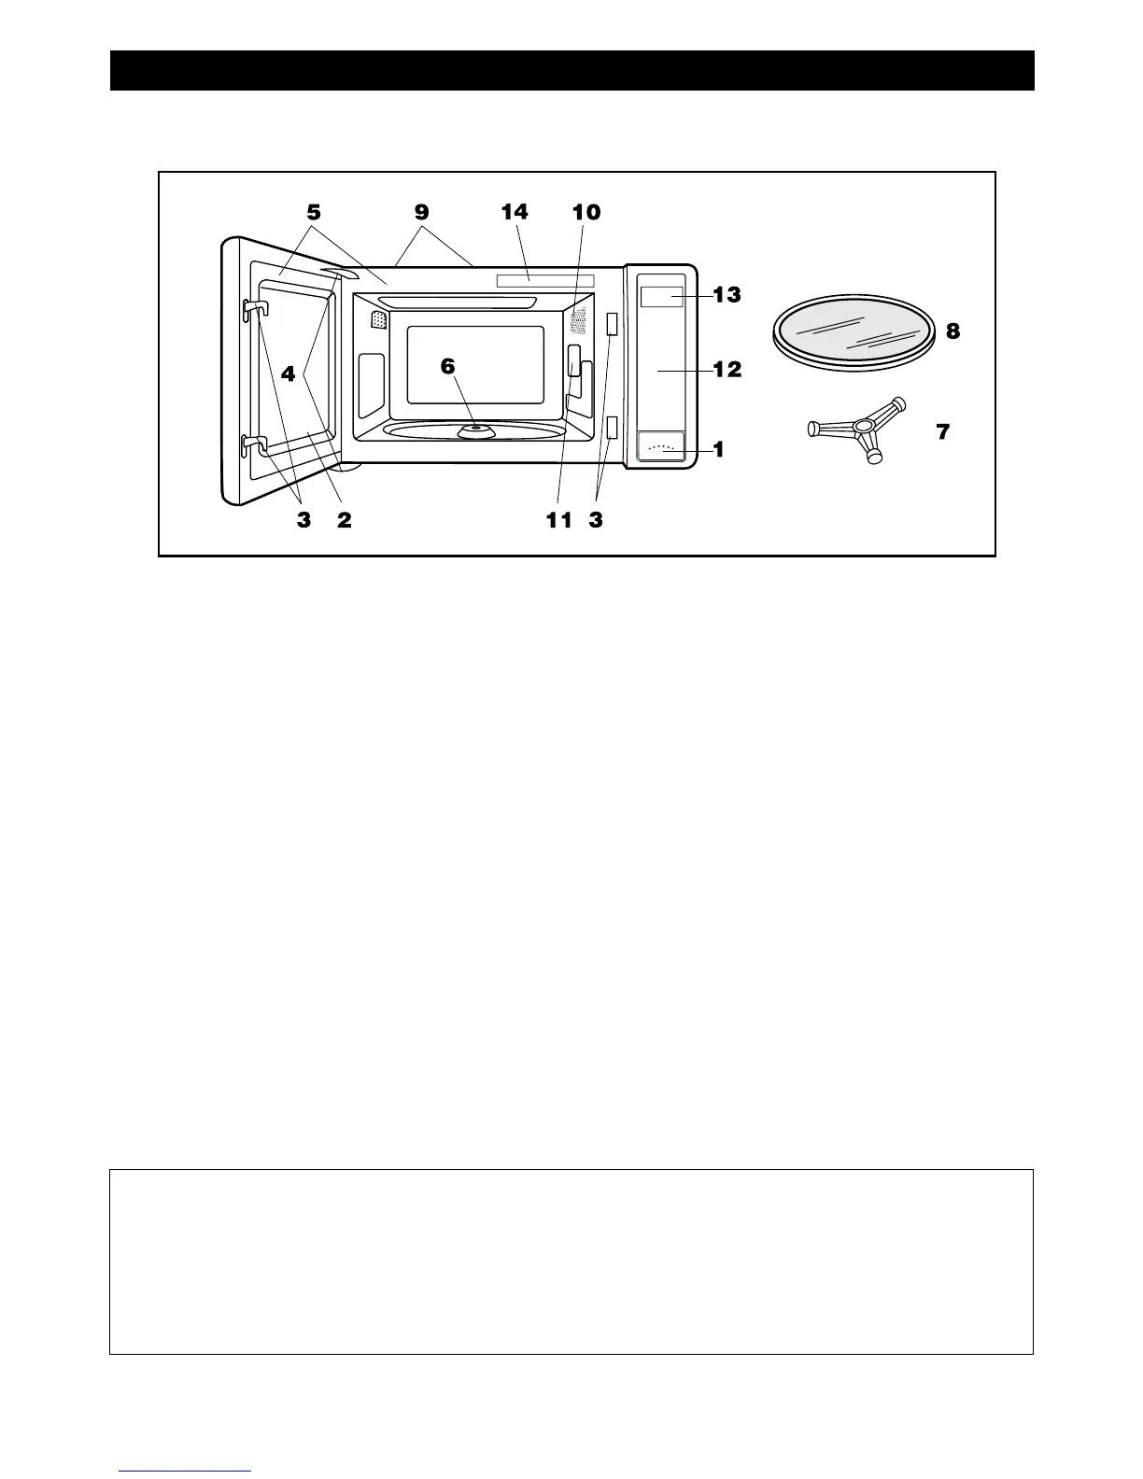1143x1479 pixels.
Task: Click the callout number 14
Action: (x=515, y=213)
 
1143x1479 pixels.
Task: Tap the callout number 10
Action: (x=586, y=213)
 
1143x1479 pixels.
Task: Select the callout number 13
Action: (x=727, y=295)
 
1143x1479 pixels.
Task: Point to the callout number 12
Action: (x=727, y=370)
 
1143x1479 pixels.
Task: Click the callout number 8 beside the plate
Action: (x=952, y=331)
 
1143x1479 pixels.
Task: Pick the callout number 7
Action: (x=943, y=432)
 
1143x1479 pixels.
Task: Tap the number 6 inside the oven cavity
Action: (x=448, y=366)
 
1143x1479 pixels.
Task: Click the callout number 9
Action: (x=422, y=213)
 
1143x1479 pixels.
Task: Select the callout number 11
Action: (x=558, y=521)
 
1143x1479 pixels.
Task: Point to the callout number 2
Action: (x=345, y=521)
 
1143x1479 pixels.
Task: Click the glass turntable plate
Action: (x=854, y=332)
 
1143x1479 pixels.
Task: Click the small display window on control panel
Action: (x=661, y=297)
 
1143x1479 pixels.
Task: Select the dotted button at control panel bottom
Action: (x=661, y=448)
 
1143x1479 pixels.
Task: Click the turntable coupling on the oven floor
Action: (x=476, y=430)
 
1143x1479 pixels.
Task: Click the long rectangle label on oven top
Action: (x=545, y=280)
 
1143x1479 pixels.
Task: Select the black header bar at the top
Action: (x=571, y=70)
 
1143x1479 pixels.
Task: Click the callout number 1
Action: (x=718, y=449)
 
